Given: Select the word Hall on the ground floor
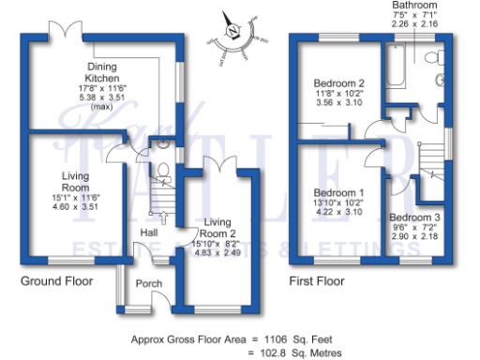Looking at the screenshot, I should click(149, 232).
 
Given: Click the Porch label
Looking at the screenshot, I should click(149, 283).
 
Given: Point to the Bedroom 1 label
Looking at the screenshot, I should click(337, 194).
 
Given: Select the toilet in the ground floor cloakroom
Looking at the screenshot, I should click(163, 171).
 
